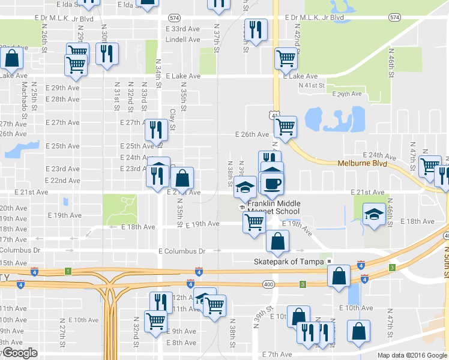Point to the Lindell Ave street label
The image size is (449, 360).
point(182,40)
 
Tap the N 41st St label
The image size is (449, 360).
point(312,86)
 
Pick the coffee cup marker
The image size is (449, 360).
point(272,184)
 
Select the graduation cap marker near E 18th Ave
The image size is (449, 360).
point(373,214)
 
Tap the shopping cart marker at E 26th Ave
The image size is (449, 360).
point(285,127)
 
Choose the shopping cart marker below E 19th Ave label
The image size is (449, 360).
point(255,222)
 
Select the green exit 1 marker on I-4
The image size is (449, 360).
point(68,272)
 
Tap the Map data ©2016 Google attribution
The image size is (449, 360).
point(412,355)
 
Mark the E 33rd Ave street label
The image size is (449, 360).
point(182,29)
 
